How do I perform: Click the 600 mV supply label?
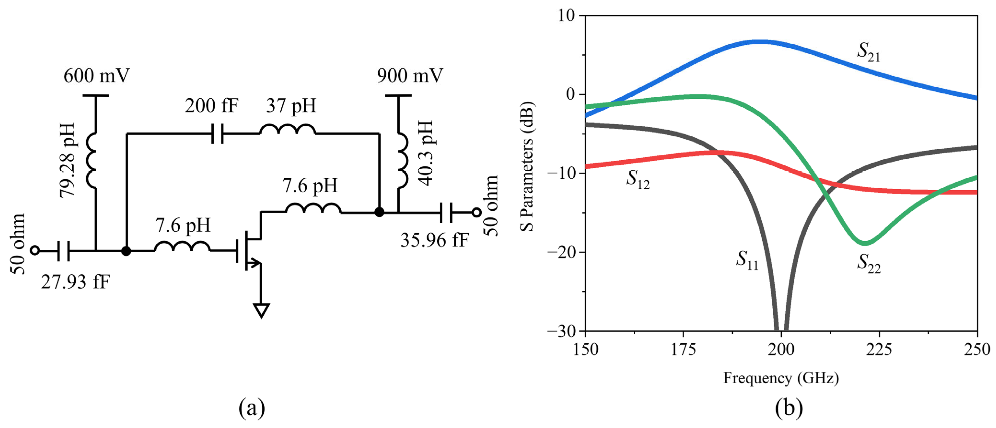(x=96, y=76)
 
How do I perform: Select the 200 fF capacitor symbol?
(x=218, y=134)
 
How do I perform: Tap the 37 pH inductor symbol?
(x=287, y=130)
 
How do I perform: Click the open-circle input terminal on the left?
(x=35, y=251)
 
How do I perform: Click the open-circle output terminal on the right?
(x=477, y=212)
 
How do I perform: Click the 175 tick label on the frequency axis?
(x=683, y=349)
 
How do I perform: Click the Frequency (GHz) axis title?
(x=781, y=378)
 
